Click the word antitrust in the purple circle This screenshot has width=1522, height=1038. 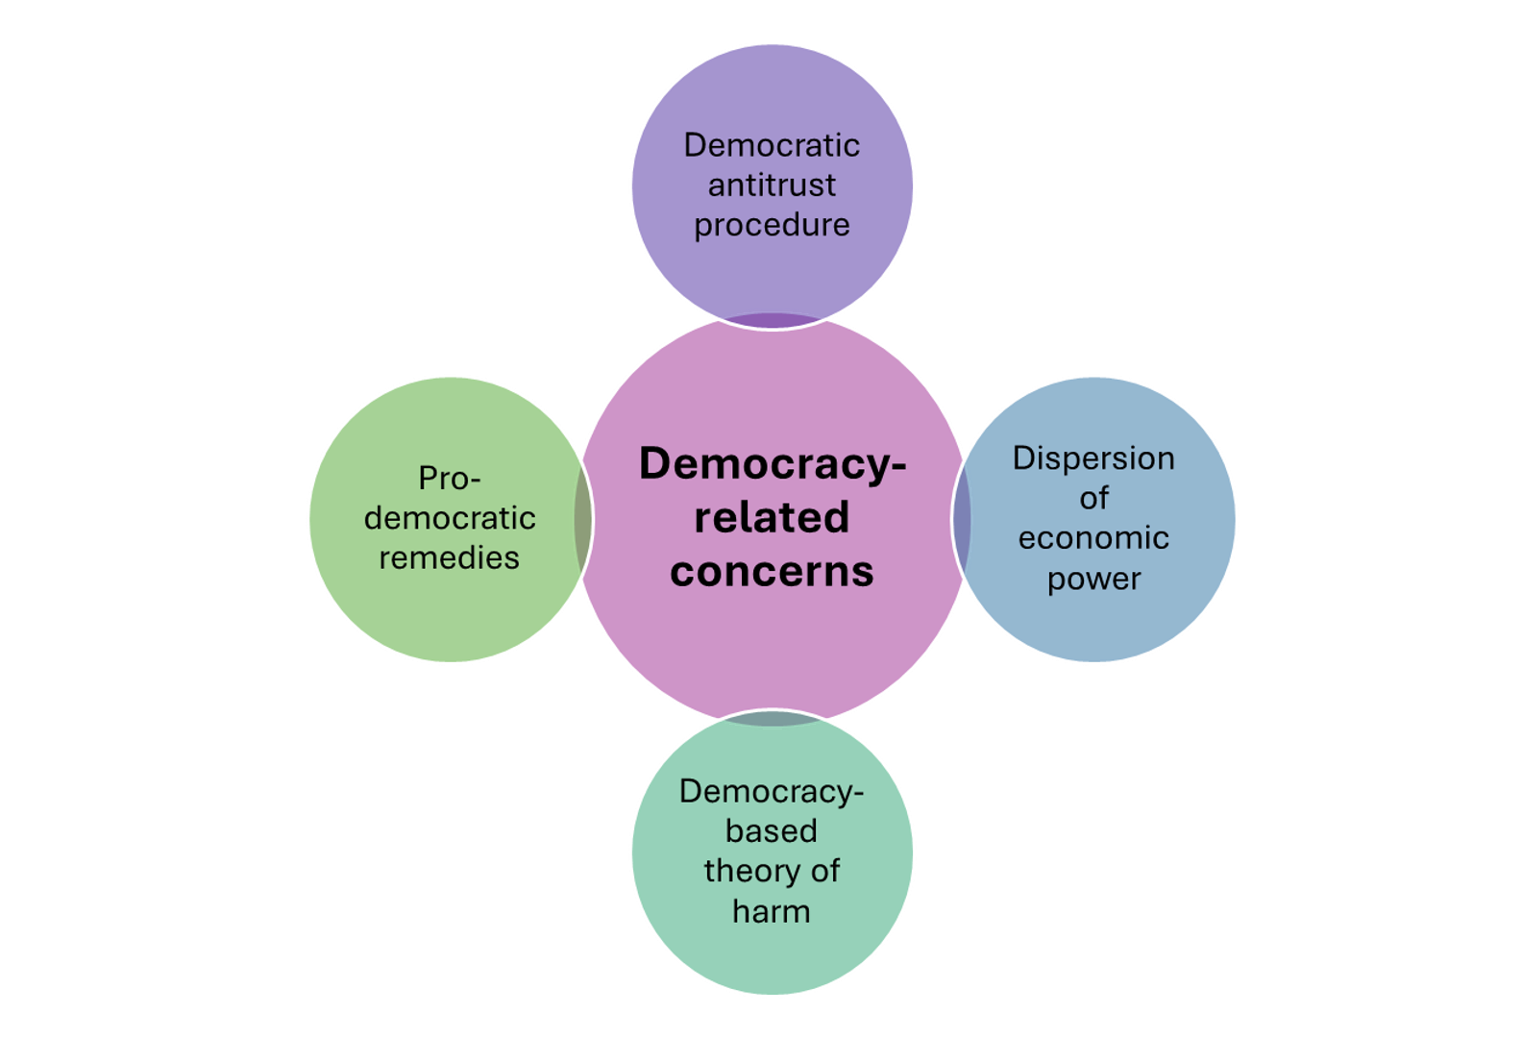(772, 185)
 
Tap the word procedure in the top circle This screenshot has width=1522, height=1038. (772, 225)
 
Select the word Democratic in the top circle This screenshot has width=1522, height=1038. (772, 145)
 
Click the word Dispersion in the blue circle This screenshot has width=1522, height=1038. (1093, 458)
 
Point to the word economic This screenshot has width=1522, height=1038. (1093, 538)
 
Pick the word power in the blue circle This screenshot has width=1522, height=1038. (1093, 579)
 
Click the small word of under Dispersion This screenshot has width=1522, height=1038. (1093, 498)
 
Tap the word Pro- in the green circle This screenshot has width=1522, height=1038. (450, 478)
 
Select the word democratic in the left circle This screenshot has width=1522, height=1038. (450, 518)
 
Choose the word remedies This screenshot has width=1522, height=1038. (450, 557)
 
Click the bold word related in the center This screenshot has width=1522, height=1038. (772, 517)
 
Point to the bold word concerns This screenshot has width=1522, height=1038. (772, 572)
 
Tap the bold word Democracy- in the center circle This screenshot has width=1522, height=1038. (772, 463)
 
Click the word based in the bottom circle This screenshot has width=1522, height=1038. (772, 830)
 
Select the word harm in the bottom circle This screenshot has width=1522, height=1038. (772, 910)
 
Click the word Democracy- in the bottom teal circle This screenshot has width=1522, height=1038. (772, 791)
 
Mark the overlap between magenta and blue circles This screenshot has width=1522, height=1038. (962, 519)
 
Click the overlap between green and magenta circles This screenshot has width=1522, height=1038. (583, 519)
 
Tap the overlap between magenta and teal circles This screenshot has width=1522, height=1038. (772, 718)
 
